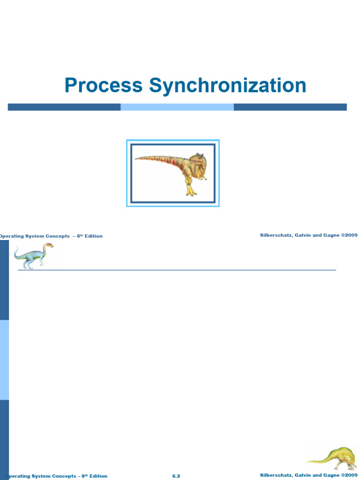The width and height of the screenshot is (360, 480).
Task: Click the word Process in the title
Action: [103, 86]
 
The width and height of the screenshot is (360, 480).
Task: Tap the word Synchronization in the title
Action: [228, 86]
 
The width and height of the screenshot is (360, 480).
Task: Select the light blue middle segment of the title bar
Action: [177, 107]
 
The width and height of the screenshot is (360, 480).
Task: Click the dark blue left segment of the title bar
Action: [64, 107]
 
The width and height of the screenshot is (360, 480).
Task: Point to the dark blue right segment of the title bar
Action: [290, 107]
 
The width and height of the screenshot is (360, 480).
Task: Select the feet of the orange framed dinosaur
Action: [191, 192]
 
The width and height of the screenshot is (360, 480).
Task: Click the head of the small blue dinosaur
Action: [49, 246]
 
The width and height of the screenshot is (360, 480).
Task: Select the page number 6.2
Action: [176, 476]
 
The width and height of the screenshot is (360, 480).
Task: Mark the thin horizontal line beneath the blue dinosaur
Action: [177, 270]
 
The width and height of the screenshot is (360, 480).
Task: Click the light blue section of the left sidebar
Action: [4, 360]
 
